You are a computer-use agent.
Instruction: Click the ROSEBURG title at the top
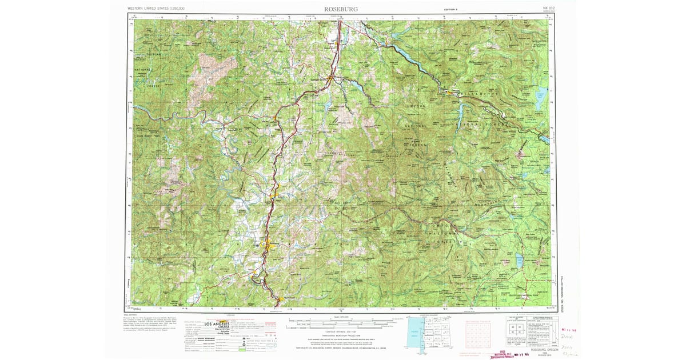[340, 9]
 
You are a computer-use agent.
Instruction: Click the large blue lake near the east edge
[541, 94]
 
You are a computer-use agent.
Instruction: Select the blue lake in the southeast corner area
[520, 261]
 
